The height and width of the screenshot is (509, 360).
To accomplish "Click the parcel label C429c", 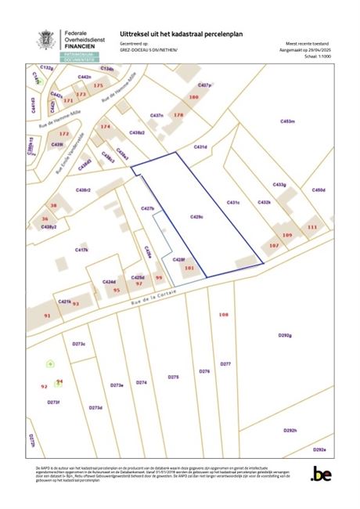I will [x=197, y=215].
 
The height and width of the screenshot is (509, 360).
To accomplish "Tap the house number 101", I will [x=189, y=268].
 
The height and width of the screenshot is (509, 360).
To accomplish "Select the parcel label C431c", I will [x=233, y=202].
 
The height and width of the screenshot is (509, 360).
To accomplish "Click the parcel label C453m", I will [x=286, y=121].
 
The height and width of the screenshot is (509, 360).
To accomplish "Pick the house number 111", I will [x=313, y=227].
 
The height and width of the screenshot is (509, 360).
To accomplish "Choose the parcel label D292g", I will [x=284, y=335].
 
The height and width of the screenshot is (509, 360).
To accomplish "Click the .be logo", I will [x=321, y=474].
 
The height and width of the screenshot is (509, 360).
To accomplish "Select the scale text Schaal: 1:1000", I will [x=313, y=56].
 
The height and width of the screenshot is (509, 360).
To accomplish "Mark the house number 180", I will [x=194, y=97].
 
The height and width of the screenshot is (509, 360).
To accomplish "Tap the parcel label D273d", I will [x=95, y=407].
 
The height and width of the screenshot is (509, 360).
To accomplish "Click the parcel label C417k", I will [x=82, y=250].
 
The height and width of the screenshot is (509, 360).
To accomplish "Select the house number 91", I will [x=47, y=315].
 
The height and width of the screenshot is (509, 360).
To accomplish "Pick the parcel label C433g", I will [x=279, y=185].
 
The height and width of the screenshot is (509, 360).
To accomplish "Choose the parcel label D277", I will [x=225, y=364].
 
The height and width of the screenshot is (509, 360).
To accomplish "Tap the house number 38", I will [x=53, y=205].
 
